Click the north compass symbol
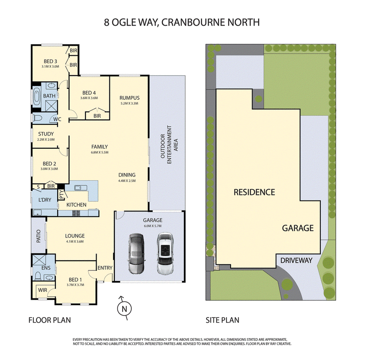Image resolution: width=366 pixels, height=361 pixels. point(124,308)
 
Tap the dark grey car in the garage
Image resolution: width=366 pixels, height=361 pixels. point(136,253)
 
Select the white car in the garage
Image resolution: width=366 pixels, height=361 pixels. point(165,253)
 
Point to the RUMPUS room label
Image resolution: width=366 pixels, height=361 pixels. point(129,98)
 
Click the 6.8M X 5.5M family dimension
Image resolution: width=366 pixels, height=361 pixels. point(100,152)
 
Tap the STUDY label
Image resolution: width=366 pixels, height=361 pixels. point(46,134)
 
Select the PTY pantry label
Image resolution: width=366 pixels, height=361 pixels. point(61,195)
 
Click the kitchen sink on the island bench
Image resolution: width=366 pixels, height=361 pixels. point(81,188)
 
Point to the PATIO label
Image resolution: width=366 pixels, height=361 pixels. point(38,236)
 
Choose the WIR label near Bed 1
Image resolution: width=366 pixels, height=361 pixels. point(43,290)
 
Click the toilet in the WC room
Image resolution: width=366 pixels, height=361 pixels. point(37,119)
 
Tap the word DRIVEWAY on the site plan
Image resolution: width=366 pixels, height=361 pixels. point(296,260)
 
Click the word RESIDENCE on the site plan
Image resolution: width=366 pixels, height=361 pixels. point(254,192)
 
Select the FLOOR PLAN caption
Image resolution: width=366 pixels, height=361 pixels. point(49,320)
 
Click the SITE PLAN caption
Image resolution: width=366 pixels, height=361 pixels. point(222,320)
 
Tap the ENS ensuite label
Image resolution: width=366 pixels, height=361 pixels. point(46,268)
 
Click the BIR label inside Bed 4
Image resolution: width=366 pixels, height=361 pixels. point(97,116)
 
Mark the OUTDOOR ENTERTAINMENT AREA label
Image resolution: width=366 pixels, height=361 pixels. point(169,145)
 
